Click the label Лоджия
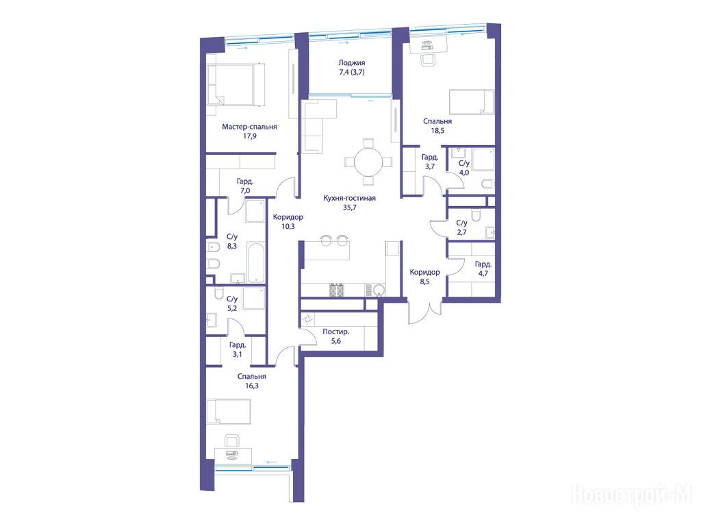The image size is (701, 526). coord(351,63)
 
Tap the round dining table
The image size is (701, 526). coord(368,162)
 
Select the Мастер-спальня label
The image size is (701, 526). coord(249,127)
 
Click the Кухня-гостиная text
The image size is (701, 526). coord(350,198)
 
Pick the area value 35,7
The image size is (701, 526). coord(350,208)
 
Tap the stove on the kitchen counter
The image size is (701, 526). coord(337,290)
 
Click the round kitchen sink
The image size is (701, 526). coord(379,290)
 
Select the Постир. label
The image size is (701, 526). coord(335,332)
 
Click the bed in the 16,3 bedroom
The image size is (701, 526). coord(229,411)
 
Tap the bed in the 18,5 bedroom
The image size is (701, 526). coord(472,102)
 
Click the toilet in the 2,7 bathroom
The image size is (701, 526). coord(476,216)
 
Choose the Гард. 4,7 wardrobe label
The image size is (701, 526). coord(483,268)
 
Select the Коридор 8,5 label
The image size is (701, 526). coord(424,277)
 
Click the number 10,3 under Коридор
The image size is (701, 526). coord(288,226)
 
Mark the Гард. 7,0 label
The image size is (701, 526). coord(245,186)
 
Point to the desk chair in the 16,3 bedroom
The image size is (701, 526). coord(231,441)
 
